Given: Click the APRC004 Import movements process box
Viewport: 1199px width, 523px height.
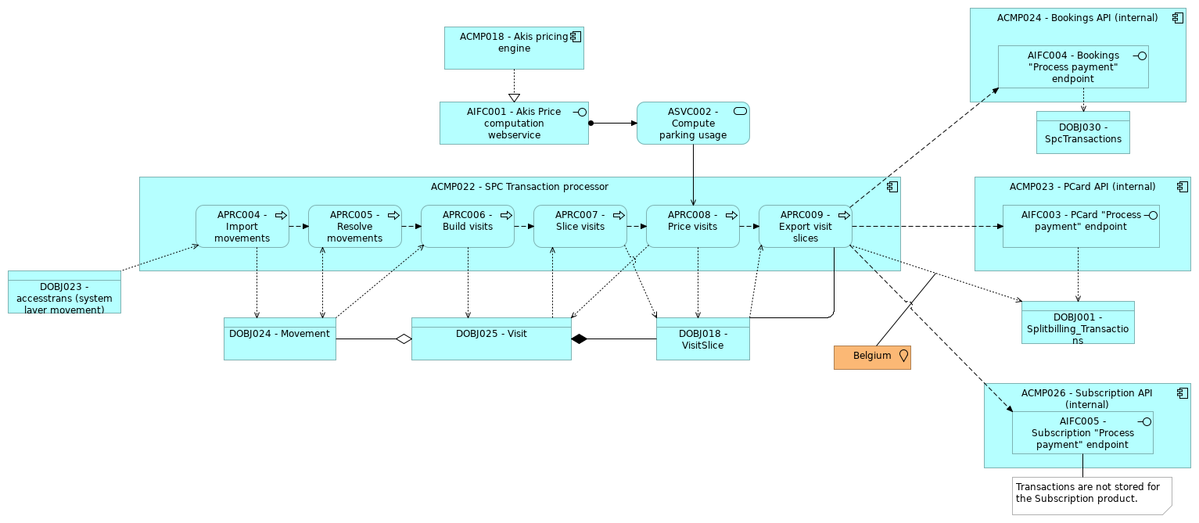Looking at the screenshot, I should click(242, 227).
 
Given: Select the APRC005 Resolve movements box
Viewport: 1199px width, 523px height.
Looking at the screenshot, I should click(354, 227).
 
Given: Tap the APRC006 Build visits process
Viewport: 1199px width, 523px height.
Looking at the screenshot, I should click(467, 227).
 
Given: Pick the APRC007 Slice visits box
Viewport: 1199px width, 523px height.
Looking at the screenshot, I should click(580, 227).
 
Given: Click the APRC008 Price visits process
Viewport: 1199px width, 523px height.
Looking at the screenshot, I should click(692, 227).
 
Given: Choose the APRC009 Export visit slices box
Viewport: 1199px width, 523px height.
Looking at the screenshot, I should click(805, 227).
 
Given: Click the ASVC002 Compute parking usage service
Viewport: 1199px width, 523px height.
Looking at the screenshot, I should click(693, 124).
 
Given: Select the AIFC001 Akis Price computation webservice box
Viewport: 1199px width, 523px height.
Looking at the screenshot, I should click(514, 124).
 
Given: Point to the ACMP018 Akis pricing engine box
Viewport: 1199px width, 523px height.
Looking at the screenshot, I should click(514, 48).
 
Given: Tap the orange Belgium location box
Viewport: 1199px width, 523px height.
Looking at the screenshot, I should click(872, 357).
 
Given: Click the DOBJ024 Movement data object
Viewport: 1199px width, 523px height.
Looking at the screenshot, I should click(279, 339).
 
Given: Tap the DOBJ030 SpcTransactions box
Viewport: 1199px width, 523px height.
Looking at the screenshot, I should click(1082, 134).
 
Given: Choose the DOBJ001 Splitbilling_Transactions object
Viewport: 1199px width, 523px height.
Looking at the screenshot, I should click(1077, 323).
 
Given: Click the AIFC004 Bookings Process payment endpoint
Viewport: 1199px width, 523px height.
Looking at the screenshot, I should click(1072, 66).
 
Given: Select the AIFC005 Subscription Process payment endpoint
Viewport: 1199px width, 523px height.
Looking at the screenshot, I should click(1082, 432).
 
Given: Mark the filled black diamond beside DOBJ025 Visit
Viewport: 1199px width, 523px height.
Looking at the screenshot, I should click(579, 339).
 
